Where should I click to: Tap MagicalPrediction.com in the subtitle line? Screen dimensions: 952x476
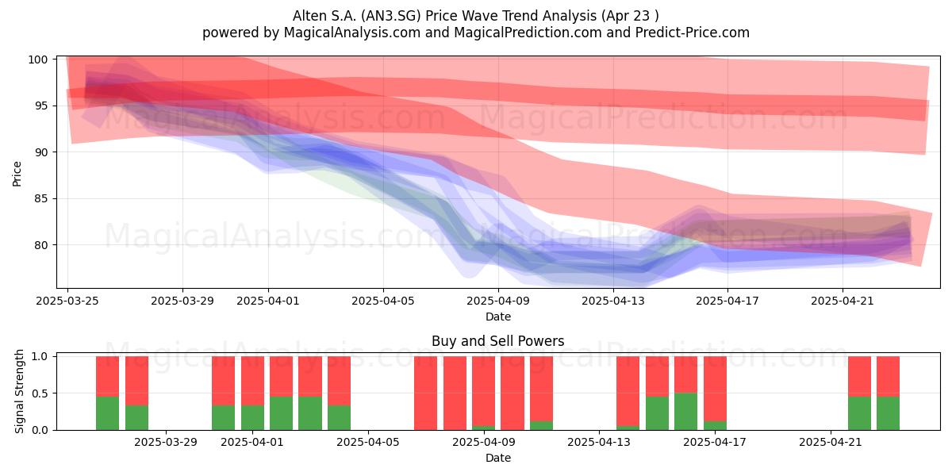pos(528,33)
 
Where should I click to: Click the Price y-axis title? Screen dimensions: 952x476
pos(17,174)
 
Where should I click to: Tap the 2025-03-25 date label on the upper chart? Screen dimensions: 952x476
pos(67,301)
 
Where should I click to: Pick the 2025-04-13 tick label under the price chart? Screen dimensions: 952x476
pos(612,301)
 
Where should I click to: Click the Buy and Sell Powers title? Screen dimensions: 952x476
pos(497,341)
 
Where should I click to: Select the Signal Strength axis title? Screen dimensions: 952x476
pos(19,391)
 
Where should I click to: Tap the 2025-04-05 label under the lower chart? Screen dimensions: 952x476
pos(368,442)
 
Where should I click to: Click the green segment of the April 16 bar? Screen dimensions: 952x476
pos(686,412)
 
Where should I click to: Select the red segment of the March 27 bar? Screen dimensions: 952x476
pos(136,381)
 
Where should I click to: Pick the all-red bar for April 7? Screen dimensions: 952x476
pos(426,393)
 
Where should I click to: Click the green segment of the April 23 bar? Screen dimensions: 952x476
pos(889,413)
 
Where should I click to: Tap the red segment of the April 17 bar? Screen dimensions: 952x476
pos(715,389)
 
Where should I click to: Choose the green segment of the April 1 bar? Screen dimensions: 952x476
pos(252,418)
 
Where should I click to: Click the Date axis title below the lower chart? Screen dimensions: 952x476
pos(498,458)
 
